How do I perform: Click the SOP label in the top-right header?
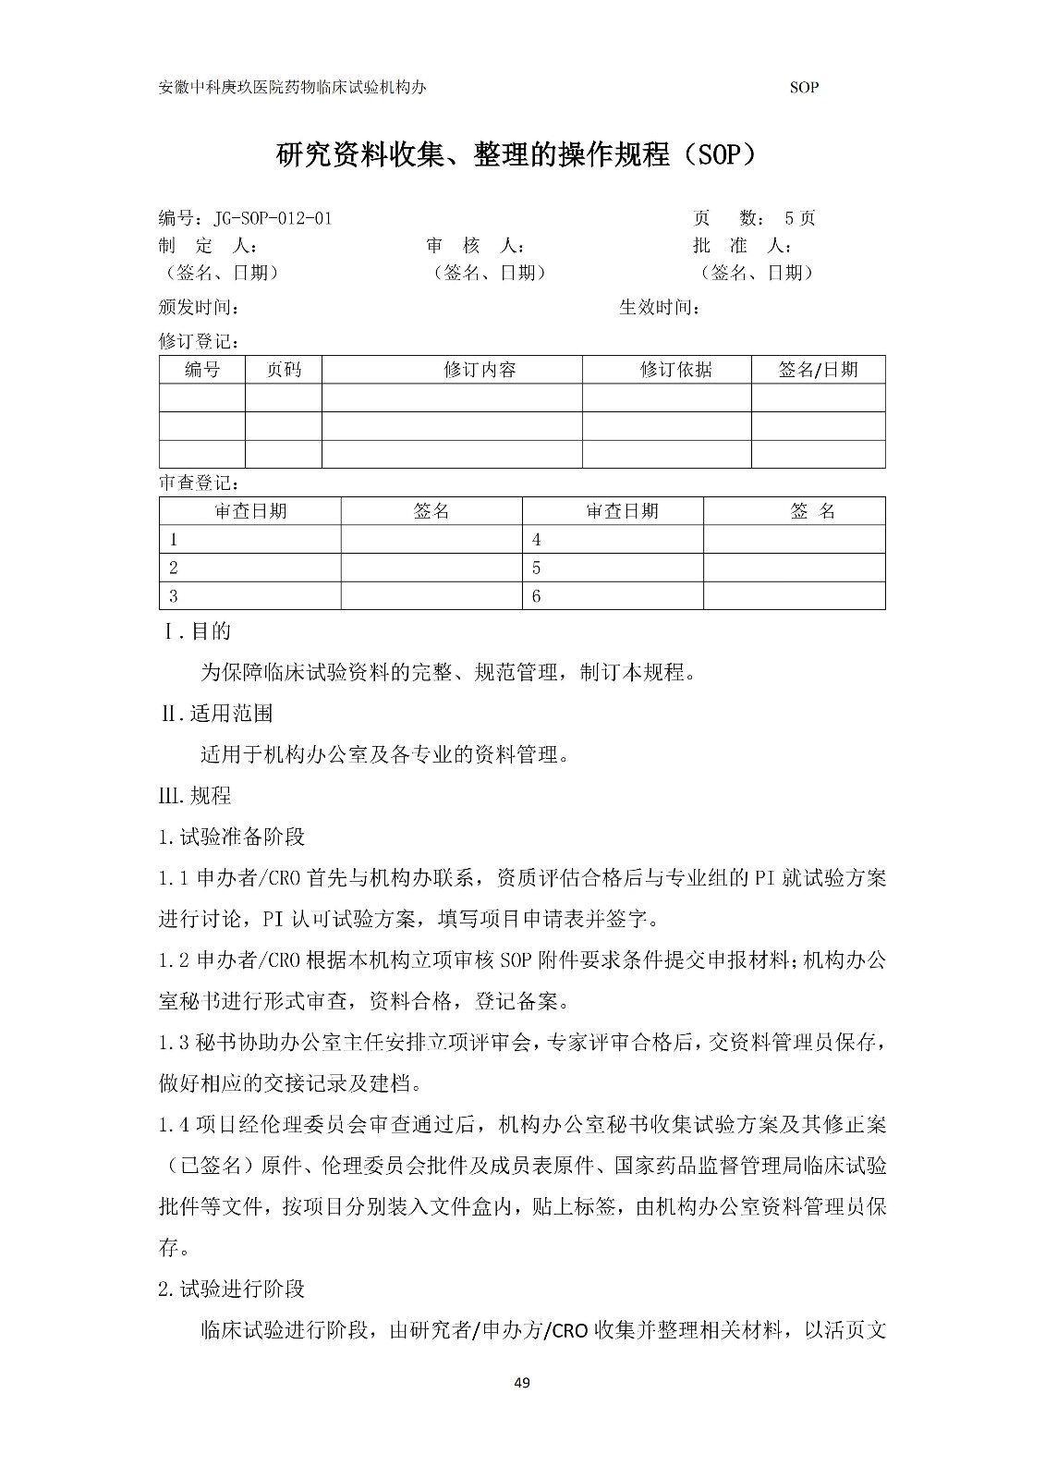(x=804, y=88)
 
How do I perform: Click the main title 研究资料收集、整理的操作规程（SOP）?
(x=522, y=155)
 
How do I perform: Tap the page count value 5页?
(x=799, y=219)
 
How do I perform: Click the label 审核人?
(x=476, y=246)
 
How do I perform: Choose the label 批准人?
(x=742, y=246)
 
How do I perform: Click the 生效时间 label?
(x=659, y=308)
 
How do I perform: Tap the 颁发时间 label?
(x=199, y=308)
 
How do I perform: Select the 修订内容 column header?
(x=480, y=370)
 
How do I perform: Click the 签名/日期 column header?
(x=818, y=370)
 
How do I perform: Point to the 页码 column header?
(x=284, y=370)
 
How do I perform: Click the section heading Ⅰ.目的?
(x=196, y=632)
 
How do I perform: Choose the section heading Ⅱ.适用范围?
(x=217, y=714)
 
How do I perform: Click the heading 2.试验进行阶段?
(x=231, y=1289)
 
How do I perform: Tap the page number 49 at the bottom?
(x=522, y=1383)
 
